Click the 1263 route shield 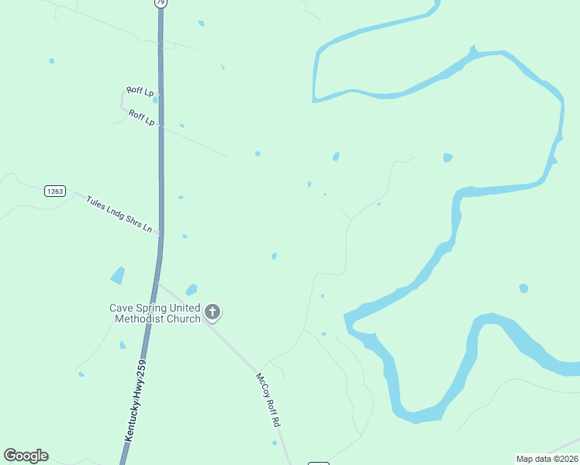(55, 191)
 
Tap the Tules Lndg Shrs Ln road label (119, 214)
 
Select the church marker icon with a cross (212, 312)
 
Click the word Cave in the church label (122, 308)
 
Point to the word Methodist (140, 319)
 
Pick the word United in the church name (186, 308)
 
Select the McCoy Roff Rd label (268, 400)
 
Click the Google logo (26, 456)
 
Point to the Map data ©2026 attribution (547, 459)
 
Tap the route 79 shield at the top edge (161, 3)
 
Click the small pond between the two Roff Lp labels (155, 99)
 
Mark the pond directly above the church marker (191, 290)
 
